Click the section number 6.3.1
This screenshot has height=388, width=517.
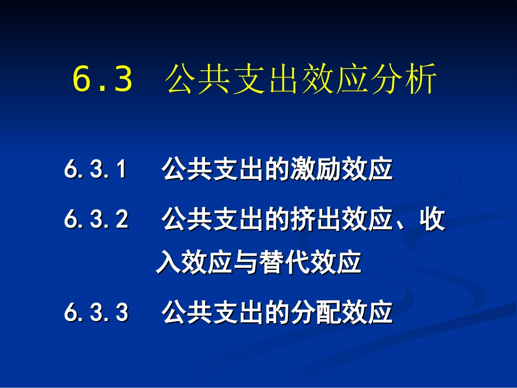pyautogui.click(x=96, y=170)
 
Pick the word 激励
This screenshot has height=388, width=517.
pyautogui.click(x=322, y=170)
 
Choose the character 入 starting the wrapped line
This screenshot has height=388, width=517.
pyautogui.click(x=167, y=263)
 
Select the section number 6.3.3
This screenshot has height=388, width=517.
pyautogui.click(x=96, y=313)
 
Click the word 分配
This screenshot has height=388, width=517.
pyautogui.click(x=322, y=313)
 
